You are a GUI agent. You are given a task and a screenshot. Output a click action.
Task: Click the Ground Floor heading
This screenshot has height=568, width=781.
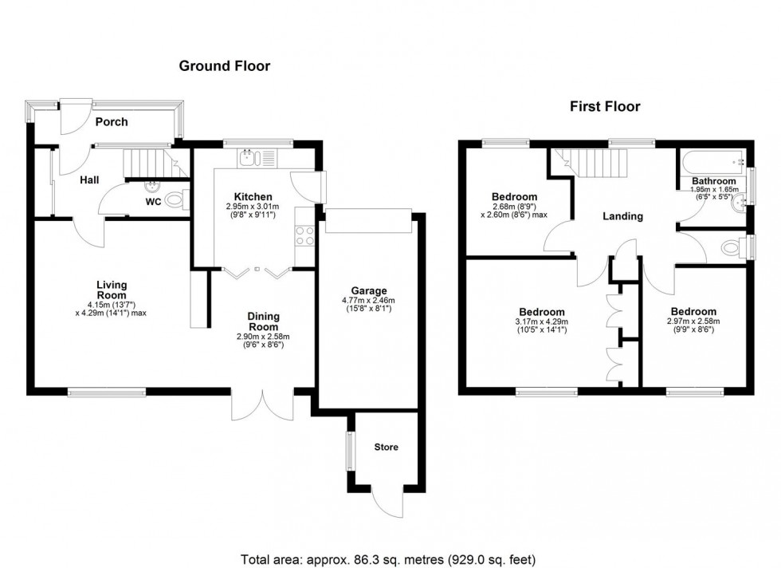click(224, 66)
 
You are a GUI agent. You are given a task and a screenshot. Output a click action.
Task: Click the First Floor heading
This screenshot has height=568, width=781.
click(605, 106)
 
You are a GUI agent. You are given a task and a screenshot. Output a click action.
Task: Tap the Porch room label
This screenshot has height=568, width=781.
click(112, 122)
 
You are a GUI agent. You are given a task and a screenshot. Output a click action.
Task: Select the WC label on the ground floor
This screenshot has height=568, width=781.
click(153, 202)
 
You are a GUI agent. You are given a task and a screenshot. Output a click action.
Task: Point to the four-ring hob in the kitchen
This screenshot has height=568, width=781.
click(305, 236)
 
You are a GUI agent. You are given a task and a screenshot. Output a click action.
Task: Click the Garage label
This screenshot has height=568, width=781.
click(369, 290)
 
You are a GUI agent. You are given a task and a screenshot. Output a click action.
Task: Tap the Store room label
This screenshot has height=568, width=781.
click(386, 447)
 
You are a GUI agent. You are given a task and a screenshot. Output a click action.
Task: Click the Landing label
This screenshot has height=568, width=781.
click(622, 216)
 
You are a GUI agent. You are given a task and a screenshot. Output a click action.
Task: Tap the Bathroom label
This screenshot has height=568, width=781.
click(713, 181)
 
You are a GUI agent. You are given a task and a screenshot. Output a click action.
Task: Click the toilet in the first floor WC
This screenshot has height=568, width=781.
click(729, 247)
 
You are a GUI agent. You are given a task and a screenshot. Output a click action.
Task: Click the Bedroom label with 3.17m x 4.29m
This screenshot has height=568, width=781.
click(542, 312)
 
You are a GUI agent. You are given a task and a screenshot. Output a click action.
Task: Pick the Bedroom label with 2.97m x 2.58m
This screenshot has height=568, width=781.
click(693, 311)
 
